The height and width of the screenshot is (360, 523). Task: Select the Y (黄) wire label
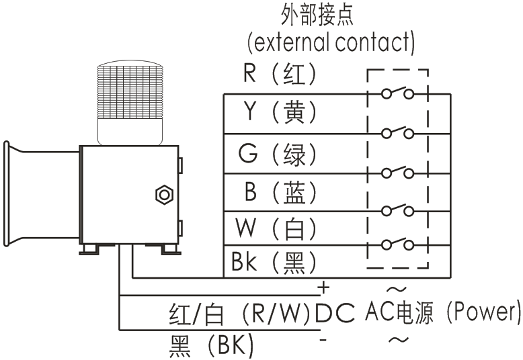click(x=279, y=112)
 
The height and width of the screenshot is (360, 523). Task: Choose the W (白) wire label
click(x=276, y=229)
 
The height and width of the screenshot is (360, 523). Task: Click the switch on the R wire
click(x=397, y=93)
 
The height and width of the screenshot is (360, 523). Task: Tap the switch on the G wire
click(x=397, y=171)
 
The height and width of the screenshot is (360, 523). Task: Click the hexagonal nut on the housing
click(x=163, y=195)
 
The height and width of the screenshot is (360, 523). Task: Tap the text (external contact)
click(x=329, y=43)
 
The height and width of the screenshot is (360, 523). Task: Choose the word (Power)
click(x=484, y=312)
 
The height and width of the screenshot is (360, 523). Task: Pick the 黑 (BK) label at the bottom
click(x=212, y=347)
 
